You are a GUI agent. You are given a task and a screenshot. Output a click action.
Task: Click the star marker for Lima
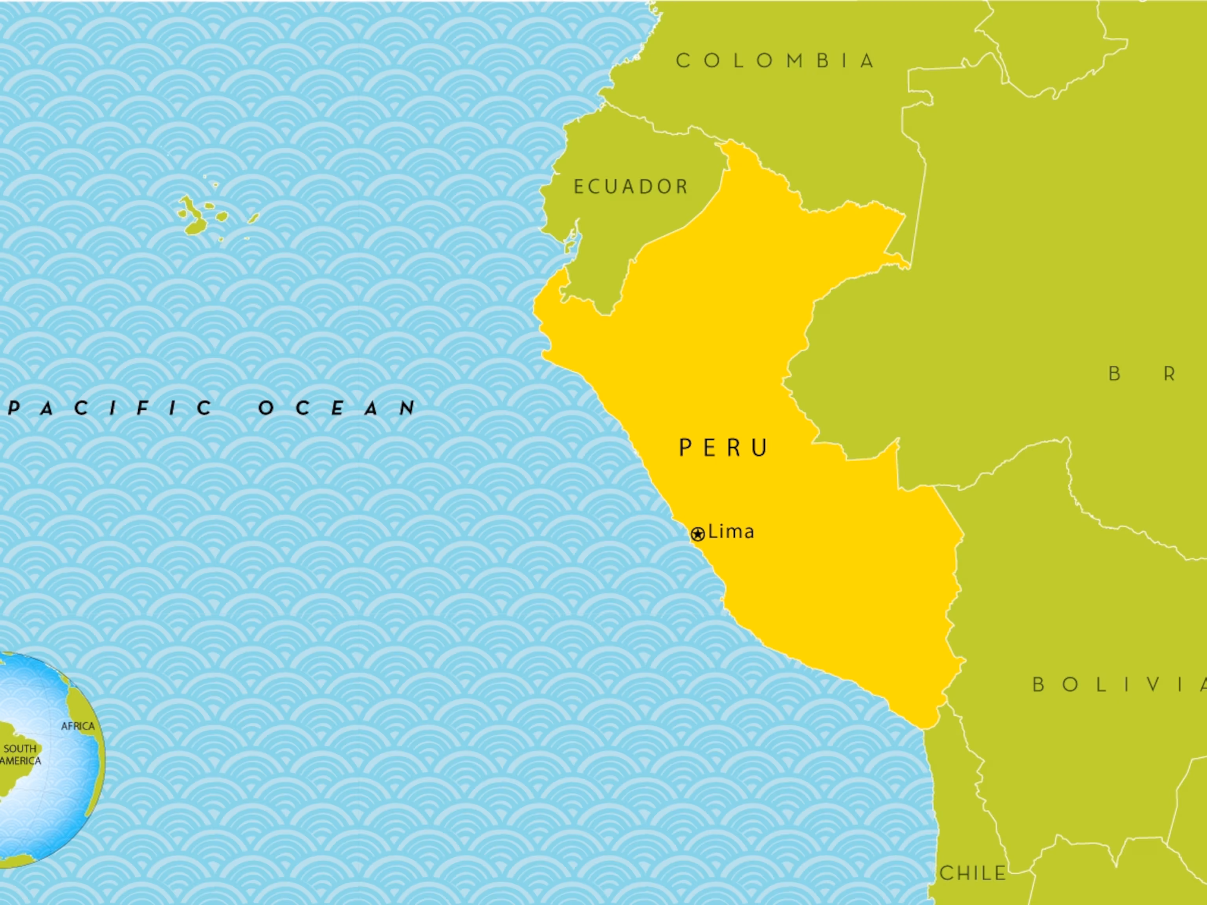point(697,534)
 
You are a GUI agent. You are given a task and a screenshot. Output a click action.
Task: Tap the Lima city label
point(731,531)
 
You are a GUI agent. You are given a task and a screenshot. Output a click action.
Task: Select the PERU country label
point(724,448)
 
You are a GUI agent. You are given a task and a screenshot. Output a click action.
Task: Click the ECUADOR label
point(631,187)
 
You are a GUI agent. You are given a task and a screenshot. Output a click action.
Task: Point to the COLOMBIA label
point(775,60)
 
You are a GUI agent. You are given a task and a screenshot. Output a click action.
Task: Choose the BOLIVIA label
point(1119,684)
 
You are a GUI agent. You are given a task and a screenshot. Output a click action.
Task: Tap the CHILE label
point(973,873)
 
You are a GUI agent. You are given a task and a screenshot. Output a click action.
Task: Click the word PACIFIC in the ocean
point(112,408)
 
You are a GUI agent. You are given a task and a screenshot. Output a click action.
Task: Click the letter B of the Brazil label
point(1115,374)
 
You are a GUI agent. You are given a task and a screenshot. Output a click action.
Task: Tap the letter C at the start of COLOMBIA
point(682,60)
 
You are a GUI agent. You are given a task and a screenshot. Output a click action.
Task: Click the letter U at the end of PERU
point(760,448)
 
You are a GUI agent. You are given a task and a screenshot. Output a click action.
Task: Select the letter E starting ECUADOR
point(579,187)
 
